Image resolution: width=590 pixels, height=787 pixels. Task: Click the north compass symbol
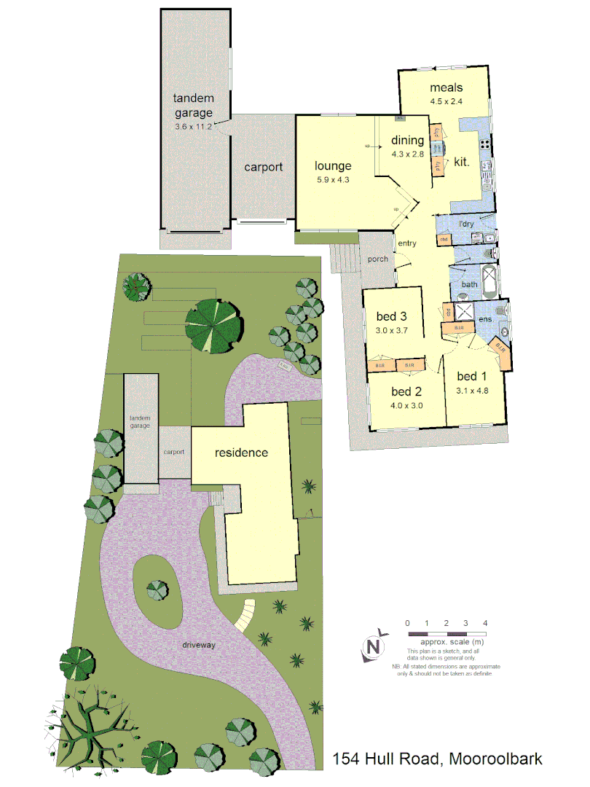click(374, 646)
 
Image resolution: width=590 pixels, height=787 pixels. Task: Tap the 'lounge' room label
click(333, 165)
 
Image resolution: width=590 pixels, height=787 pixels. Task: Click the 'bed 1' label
click(471, 376)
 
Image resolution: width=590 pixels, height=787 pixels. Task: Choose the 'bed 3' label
click(391, 316)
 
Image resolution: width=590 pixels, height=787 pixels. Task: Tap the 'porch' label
click(378, 259)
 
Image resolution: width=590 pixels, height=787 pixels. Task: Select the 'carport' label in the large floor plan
click(263, 167)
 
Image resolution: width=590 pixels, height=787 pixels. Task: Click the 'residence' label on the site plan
click(241, 453)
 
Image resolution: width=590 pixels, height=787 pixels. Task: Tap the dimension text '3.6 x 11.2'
click(193, 127)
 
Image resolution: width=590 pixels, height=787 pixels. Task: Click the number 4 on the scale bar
click(485, 623)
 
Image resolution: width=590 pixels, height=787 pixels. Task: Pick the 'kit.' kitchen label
click(462, 162)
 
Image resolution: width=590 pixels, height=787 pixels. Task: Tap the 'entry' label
click(407, 243)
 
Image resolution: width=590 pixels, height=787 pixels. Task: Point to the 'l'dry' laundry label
click(465, 224)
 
